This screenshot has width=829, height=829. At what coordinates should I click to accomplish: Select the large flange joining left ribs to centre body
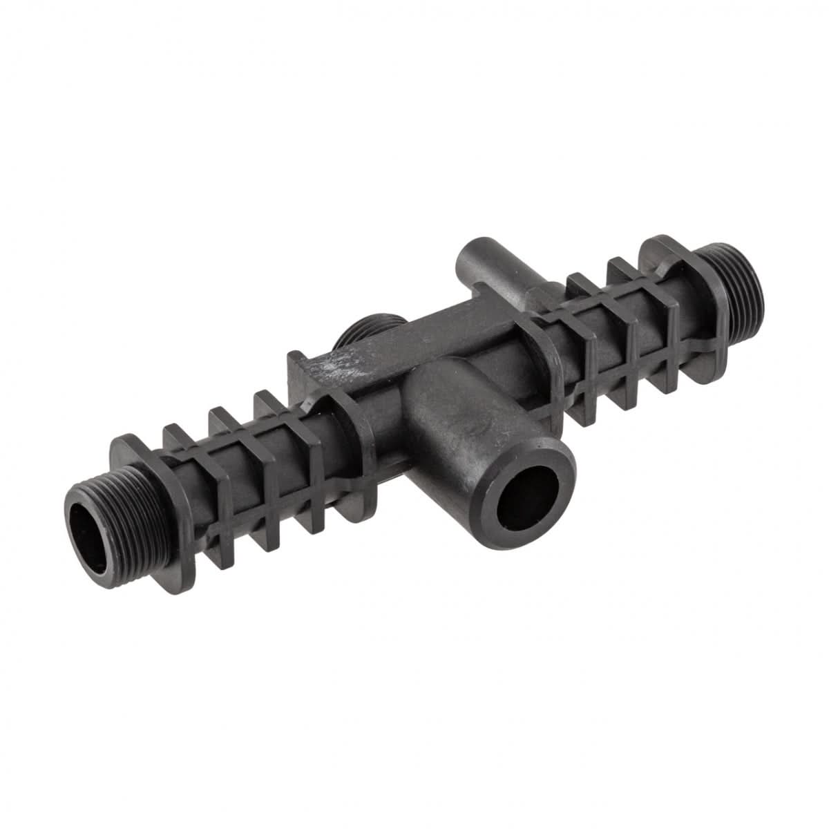345,442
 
